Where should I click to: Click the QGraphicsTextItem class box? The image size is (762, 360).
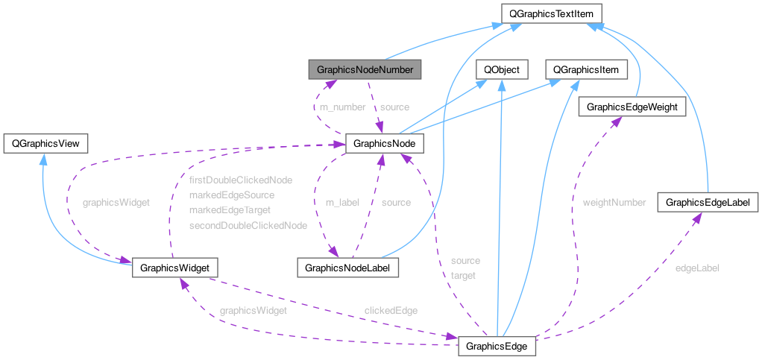[551, 13]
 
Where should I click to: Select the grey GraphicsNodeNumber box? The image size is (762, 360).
[365, 70]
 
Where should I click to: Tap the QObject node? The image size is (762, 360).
[502, 70]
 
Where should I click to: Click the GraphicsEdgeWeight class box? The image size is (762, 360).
[632, 107]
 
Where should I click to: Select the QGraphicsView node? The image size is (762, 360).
[46, 142]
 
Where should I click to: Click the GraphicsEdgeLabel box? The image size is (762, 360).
[708, 202]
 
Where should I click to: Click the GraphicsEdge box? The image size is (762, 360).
[497, 347]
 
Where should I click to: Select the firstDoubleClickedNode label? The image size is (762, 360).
[241, 180]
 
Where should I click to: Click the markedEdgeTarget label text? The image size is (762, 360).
[230, 210]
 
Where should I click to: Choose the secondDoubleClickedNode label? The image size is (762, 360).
[248, 225]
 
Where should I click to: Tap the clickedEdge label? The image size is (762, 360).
[391, 310]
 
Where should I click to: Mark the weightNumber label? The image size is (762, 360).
[614, 202]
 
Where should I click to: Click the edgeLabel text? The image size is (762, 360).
[697, 268]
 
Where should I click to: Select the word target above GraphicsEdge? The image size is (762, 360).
[463, 275]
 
